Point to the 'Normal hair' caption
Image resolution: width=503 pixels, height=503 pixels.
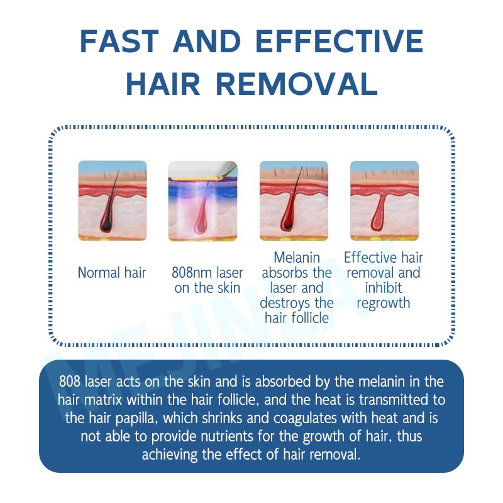(x=112, y=273)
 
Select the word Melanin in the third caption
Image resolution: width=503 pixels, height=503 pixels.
(x=297, y=258)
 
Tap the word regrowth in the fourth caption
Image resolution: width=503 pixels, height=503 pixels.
(x=383, y=303)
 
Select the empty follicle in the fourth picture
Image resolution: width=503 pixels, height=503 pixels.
(x=378, y=217)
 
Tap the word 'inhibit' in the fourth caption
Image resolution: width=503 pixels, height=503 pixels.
(x=383, y=288)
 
